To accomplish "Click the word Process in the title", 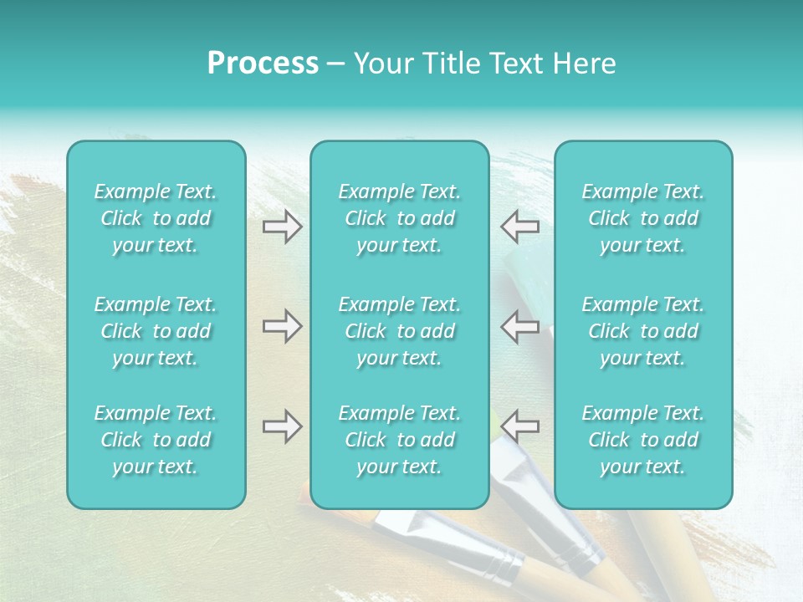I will [263, 64].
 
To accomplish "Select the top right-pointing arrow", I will [282, 227].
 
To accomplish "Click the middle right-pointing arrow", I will [282, 326].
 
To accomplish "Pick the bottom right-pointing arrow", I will [282, 426].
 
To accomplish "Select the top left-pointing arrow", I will [519, 227].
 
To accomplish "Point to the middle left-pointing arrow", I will [519, 326].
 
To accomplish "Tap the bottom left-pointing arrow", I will [519, 426].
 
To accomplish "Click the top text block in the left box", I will [156, 218].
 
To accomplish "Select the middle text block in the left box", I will [156, 331].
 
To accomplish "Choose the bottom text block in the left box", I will [156, 440].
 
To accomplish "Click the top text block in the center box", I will [399, 218].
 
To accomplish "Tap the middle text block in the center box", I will [399, 331].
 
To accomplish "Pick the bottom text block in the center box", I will [399, 440].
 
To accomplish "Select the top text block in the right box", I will [642, 218].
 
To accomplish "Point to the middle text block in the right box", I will [642, 331].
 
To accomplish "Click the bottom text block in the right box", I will [642, 440].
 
